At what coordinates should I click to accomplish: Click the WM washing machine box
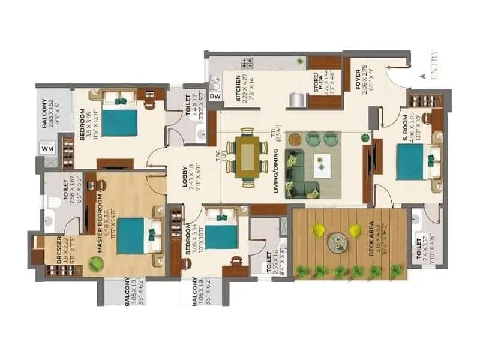click(46, 147)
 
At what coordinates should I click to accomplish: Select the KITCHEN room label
click(238, 88)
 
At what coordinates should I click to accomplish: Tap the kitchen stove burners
click(245, 62)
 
